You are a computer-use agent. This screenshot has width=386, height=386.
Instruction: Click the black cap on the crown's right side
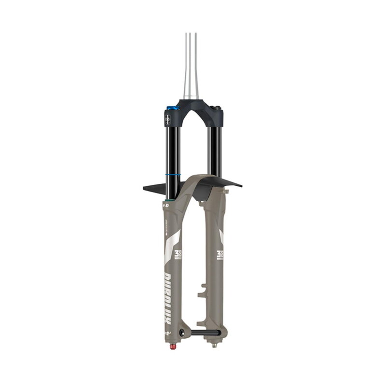217,108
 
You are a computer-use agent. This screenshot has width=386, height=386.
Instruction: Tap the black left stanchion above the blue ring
173,145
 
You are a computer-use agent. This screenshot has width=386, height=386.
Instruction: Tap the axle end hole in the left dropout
181,332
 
